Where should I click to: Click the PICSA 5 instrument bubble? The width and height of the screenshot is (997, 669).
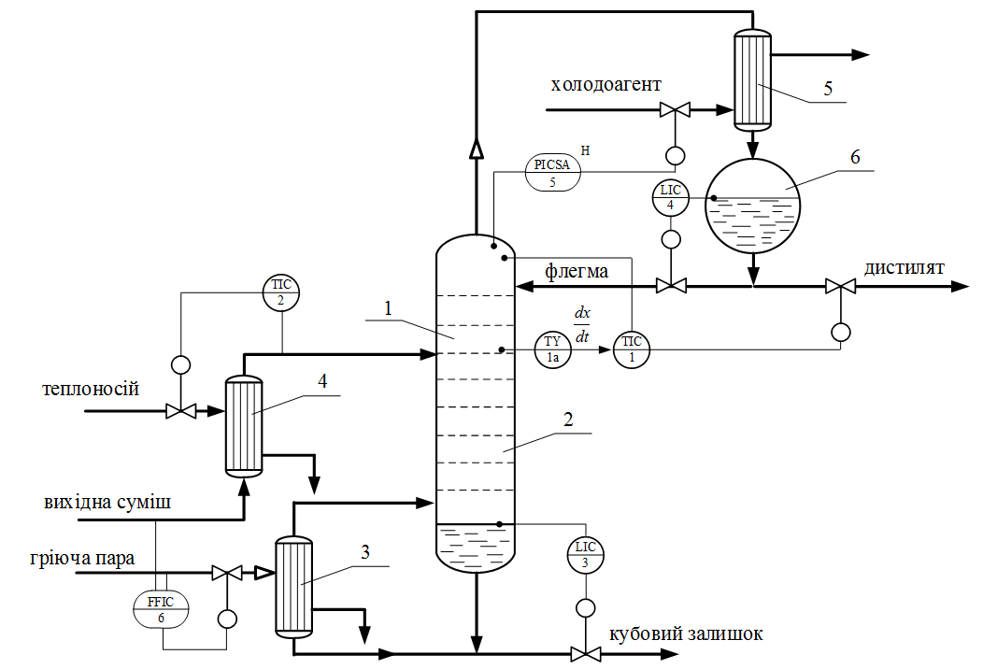[552, 173]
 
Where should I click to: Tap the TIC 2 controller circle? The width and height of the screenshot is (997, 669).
[281, 292]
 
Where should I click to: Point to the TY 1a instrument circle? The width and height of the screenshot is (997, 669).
[552, 349]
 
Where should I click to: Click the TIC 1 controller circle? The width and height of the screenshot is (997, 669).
[632, 349]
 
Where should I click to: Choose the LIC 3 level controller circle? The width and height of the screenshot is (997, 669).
[586, 554]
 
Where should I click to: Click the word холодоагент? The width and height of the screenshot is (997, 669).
[605, 85]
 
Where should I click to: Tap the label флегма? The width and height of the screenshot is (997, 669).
[577, 271]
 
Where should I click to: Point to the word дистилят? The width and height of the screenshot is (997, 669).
[904, 268]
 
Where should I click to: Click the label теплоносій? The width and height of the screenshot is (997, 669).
[91, 388]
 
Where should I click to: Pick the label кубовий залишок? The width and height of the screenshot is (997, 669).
[686, 634]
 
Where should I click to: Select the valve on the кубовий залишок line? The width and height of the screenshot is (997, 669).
[586, 652]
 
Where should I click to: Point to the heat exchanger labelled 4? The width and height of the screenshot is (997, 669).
[244, 425]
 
